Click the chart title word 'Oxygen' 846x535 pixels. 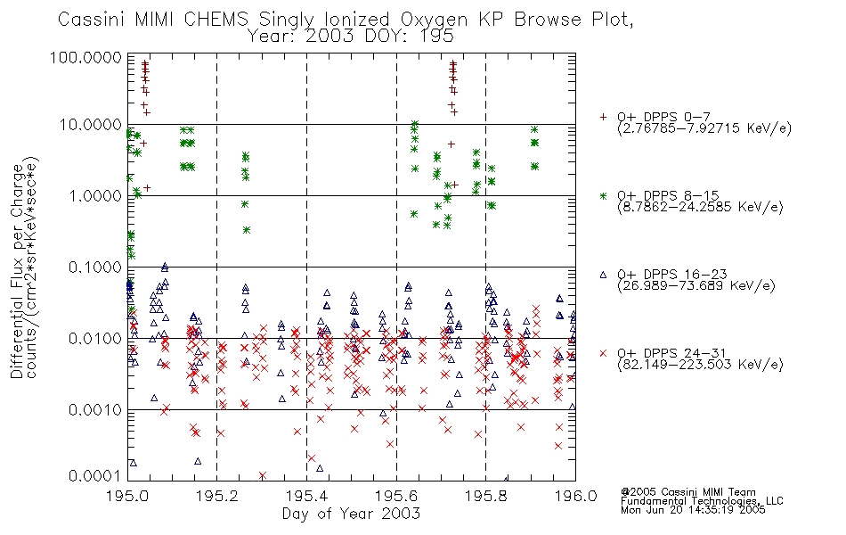click(434, 20)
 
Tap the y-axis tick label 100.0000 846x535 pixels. click(85, 57)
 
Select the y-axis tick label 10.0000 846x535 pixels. click(90, 125)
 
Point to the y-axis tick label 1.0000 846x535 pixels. click(94, 196)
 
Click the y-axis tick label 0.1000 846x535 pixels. click(94, 267)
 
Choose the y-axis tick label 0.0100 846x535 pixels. click(94, 339)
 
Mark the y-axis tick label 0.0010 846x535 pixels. click(94, 410)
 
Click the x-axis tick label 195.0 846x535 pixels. click(127, 496)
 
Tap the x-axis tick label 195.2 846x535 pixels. click(217, 496)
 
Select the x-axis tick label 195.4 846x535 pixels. click(306, 496)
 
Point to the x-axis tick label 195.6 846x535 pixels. click(396, 496)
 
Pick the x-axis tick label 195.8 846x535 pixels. click(485, 496)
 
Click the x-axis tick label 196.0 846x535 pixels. click(575, 496)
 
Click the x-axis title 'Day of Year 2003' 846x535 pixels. click(351, 514)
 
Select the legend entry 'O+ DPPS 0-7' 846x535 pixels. click(663, 117)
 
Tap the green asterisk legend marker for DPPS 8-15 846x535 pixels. click(603, 195)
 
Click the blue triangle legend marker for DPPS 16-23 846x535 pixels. click(603, 275)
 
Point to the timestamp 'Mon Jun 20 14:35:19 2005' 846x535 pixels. click(693, 510)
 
